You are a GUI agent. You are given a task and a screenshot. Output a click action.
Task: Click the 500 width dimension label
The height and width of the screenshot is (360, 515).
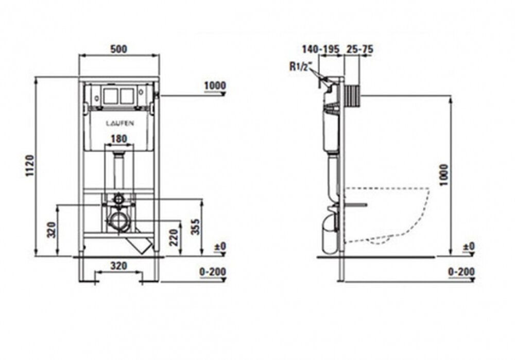click(x=118, y=49)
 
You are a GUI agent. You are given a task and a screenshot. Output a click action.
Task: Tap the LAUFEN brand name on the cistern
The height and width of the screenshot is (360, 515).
click(x=120, y=124)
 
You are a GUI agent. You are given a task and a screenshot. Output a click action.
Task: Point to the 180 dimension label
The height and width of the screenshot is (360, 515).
click(x=118, y=139)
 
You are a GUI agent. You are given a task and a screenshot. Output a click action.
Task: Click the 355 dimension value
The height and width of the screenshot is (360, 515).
click(x=196, y=227)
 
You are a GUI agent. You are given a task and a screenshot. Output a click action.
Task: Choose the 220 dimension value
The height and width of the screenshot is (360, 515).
click(x=174, y=237)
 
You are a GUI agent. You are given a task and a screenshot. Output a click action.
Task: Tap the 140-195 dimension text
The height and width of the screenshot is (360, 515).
click(x=320, y=49)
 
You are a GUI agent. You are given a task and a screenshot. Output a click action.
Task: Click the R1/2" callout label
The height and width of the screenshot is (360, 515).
click(x=300, y=67)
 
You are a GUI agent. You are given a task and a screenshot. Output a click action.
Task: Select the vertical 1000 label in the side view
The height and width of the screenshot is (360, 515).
click(x=444, y=175)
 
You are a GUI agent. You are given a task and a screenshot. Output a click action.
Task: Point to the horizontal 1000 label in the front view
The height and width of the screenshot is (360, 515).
click(x=215, y=85)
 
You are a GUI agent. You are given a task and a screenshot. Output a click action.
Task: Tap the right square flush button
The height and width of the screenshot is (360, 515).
click(x=127, y=96)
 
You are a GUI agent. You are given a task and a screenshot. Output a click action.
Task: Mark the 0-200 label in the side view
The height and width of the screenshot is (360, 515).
click(x=461, y=271)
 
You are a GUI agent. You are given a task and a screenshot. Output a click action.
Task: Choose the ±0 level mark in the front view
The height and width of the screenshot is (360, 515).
click(x=220, y=246)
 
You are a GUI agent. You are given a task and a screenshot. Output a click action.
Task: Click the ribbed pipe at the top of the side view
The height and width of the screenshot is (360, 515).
click(x=353, y=96)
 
